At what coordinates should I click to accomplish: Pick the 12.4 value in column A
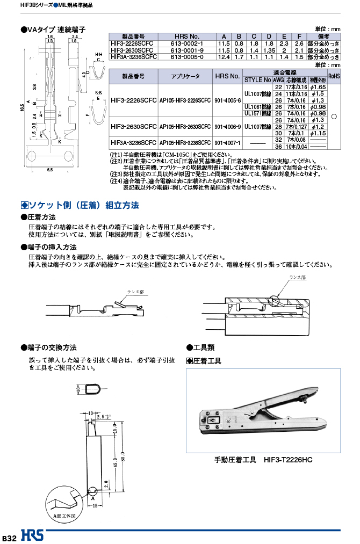pyautogui.click(x=224, y=56)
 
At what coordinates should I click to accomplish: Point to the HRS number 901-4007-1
pyautogui.click(x=227, y=143)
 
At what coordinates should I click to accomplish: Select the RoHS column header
pyautogui.click(x=334, y=76)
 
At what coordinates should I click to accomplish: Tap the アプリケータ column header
pyautogui.click(x=185, y=76)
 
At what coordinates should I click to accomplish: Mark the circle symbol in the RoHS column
pyautogui.click(x=334, y=116)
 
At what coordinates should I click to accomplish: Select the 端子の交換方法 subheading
pyautogui.click(x=52, y=347)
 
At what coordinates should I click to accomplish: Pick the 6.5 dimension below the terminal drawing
pyautogui.click(x=49, y=170)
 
